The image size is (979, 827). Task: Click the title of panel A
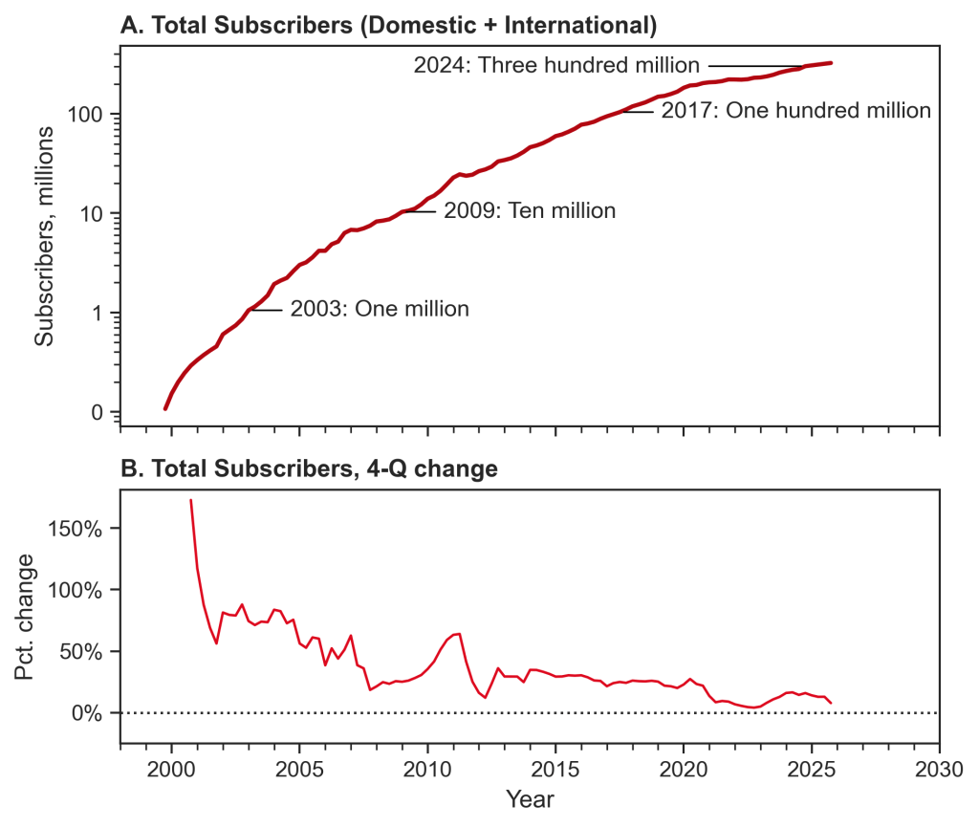point(388,26)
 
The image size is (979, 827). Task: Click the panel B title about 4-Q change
point(309,468)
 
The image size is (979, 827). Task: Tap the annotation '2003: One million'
point(380,309)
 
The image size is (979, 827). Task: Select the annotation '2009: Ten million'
point(530,211)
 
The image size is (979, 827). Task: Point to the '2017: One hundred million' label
point(796,111)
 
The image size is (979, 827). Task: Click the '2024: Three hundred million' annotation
point(556,65)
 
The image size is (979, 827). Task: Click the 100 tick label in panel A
point(84,114)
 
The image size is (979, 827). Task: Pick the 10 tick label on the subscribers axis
point(90,213)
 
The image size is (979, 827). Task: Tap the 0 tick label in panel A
point(97,412)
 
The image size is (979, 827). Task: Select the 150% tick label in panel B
point(75,530)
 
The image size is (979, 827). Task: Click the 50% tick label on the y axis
point(81,652)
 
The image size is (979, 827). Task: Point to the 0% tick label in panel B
point(87,713)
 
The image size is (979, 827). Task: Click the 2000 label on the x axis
point(171,770)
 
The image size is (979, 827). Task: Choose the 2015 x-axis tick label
point(555,770)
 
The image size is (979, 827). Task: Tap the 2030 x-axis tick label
point(939,770)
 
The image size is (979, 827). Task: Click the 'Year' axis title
point(530,799)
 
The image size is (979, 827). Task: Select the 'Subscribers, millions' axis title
point(44,236)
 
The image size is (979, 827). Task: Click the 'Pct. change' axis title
point(24,618)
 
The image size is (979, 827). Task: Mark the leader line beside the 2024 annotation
point(756,66)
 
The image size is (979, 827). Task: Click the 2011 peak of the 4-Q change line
point(459,634)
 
